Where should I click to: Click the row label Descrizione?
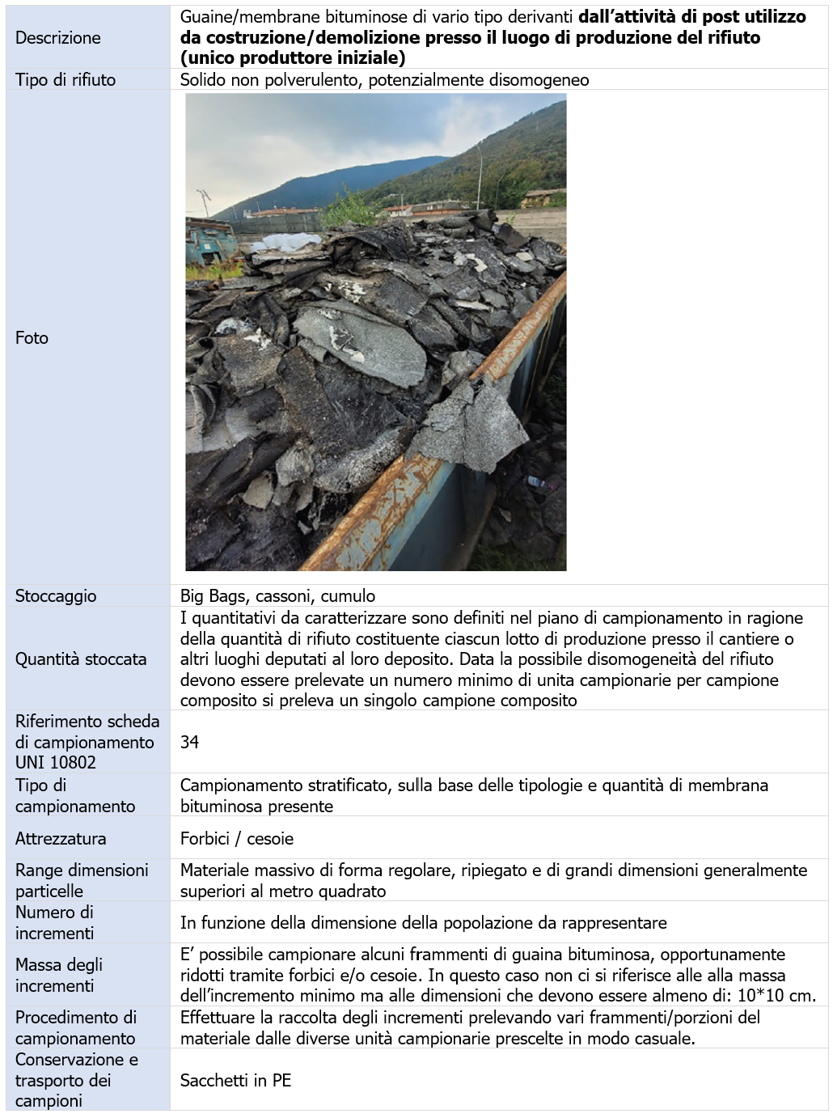[57, 37]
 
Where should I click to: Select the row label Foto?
[32, 337]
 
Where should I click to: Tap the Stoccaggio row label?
[55, 595]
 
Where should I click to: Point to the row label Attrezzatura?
[60, 838]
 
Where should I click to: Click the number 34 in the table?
[189, 742]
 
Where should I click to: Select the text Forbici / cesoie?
[236, 838]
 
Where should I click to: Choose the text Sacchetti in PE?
[235, 1080]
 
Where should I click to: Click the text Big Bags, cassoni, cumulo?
[277, 595]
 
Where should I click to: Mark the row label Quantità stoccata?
[81, 659]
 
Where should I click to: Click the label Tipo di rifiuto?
[65, 79]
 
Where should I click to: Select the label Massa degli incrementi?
[58, 975]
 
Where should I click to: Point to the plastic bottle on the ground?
[535, 483]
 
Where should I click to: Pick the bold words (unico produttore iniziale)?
[293, 58]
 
